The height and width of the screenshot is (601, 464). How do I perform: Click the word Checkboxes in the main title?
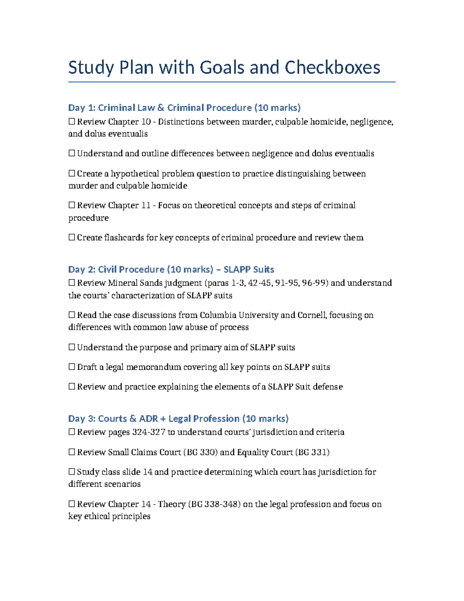333,68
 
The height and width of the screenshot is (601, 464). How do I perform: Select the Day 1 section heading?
184,108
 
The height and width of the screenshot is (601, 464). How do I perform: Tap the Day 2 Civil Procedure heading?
171,269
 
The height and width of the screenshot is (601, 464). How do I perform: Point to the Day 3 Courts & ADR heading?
178,419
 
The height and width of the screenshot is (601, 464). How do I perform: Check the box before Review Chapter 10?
72,122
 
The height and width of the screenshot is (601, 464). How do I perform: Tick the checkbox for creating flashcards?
72,238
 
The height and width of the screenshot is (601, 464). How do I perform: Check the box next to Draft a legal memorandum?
72,367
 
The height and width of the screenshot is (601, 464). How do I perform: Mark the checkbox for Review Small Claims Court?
72,452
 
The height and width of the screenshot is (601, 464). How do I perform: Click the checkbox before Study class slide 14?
72,472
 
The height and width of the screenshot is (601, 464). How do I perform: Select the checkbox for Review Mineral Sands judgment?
72,283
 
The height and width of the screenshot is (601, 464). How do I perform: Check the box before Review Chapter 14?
72,504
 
